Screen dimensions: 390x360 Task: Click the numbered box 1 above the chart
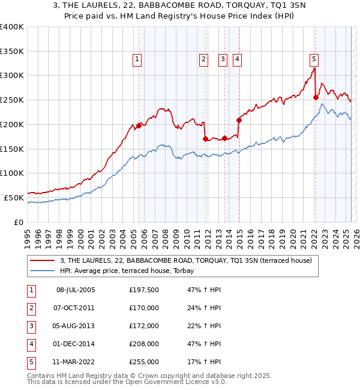(138, 59)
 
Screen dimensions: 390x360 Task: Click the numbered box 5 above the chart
(314, 59)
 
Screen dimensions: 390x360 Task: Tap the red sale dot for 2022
(316, 97)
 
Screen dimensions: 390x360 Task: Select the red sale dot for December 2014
(239, 120)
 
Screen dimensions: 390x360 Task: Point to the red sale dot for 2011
(205, 139)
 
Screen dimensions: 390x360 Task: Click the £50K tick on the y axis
(14, 197)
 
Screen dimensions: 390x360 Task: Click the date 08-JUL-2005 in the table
(75, 290)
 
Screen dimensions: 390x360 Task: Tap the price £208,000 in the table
(143, 344)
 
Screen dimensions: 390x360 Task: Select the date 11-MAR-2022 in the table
(75, 362)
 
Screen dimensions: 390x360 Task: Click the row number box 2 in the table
(31, 308)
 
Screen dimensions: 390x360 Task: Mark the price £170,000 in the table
(143, 308)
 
